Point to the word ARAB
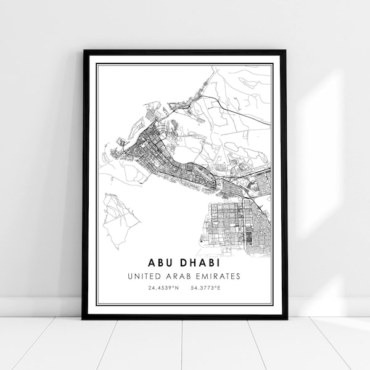click(180, 276)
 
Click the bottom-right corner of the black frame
click(286, 318)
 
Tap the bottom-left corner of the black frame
click(84, 318)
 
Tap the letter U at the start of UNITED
click(129, 276)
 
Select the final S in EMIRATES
click(238, 276)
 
